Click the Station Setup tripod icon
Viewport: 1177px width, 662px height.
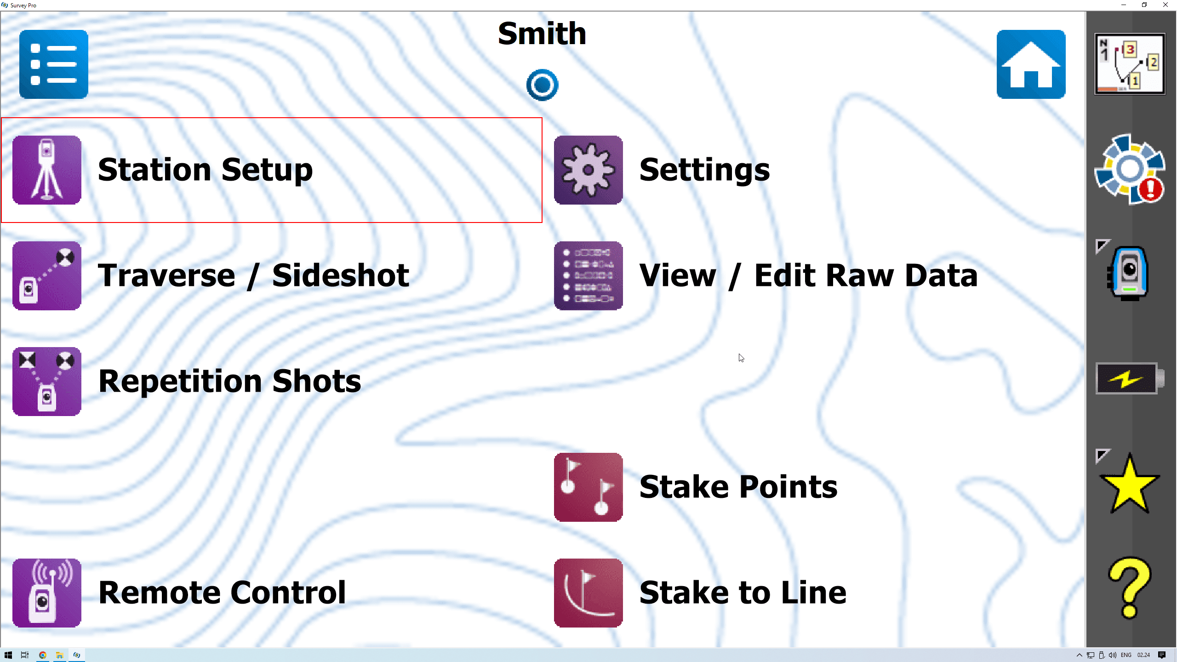click(47, 170)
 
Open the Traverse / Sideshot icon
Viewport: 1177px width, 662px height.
click(47, 276)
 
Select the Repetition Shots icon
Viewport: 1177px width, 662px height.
click(47, 382)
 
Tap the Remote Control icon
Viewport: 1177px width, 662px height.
click(47, 593)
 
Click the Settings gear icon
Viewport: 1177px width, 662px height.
click(588, 170)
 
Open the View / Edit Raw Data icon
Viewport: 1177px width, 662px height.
click(588, 276)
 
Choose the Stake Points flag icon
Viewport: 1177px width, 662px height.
click(588, 487)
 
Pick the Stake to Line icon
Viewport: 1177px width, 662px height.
click(588, 593)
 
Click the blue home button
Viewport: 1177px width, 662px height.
click(1031, 64)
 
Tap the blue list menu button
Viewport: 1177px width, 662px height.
click(54, 64)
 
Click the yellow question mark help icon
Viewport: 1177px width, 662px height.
click(1129, 588)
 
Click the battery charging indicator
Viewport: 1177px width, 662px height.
click(1129, 378)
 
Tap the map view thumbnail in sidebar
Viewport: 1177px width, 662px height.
click(1130, 64)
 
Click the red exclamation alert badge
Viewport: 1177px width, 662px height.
click(1151, 189)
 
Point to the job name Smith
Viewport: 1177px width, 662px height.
click(542, 34)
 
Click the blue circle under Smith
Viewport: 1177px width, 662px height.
click(542, 85)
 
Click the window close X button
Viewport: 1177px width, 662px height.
click(1166, 5)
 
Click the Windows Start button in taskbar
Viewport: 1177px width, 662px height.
click(8, 655)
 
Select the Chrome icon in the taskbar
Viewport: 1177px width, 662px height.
click(42, 655)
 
